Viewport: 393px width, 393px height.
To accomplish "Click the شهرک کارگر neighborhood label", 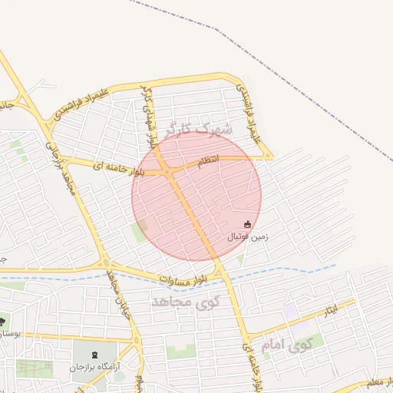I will click(x=196, y=130).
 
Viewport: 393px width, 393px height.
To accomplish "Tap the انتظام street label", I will click(x=208, y=160).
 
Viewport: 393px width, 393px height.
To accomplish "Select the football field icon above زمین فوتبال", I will click(x=247, y=224).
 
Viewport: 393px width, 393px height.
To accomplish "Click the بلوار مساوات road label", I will click(x=182, y=278).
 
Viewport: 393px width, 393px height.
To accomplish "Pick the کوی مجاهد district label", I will click(x=185, y=301).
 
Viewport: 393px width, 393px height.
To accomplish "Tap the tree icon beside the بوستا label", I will click(x=3, y=321).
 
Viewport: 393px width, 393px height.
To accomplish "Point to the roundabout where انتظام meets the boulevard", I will click(x=168, y=168).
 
